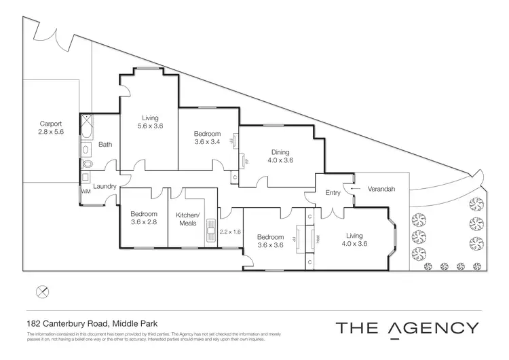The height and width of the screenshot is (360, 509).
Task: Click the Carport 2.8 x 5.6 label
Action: (51, 128)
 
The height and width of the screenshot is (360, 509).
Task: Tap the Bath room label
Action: (105, 144)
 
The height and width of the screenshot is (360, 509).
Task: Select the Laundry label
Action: (105, 186)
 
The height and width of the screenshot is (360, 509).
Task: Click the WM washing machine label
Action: (86, 192)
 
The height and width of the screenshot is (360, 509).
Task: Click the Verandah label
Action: (381, 189)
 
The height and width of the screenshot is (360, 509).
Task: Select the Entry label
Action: (333, 193)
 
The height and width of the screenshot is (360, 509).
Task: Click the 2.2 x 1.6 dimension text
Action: (230, 232)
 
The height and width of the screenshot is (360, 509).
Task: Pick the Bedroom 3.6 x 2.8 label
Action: (144, 217)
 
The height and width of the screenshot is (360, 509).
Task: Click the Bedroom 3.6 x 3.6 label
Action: (269, 241)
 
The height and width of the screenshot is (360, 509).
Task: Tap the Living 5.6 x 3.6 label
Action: (149, 122)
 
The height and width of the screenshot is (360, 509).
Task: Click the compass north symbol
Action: (42, 291)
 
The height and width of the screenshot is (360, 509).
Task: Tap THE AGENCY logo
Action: (407, 327)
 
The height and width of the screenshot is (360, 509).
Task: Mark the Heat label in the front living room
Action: (318, 238)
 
